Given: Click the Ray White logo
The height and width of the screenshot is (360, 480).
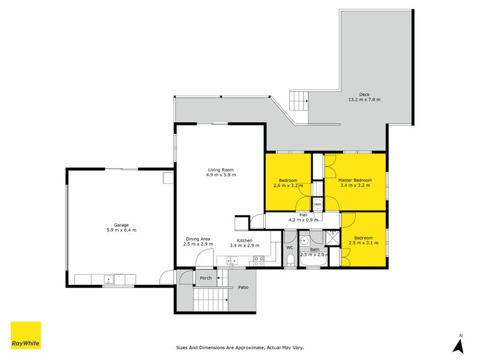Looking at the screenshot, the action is (26, 335).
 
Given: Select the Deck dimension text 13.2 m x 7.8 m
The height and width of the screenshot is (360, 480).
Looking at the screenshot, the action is (364, 100).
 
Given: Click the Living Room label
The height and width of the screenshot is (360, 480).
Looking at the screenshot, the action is (221, 170).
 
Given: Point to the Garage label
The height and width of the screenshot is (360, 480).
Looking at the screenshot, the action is (121, 225).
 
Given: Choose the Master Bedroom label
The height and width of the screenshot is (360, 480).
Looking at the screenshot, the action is (355, 181).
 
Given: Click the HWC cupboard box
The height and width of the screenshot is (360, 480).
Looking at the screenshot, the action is (318, 204).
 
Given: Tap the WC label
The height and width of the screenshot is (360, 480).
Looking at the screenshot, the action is (290, 247).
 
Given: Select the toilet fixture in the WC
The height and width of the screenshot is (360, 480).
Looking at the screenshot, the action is (290, 262).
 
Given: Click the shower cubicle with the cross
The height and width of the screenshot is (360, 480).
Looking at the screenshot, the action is (332, 238).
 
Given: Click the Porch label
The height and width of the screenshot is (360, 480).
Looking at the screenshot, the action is (206, 278).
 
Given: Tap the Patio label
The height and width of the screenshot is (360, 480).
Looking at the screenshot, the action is (244, 287).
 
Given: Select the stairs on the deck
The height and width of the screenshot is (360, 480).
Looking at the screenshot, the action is (299, 100).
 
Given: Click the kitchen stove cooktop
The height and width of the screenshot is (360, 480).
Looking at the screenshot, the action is (259, 261).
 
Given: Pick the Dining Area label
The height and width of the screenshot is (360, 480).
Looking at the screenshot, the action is (198, 239).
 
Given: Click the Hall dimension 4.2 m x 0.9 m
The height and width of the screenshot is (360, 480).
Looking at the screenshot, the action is (304, 220).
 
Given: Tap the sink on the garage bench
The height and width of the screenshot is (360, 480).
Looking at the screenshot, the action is (109, 280).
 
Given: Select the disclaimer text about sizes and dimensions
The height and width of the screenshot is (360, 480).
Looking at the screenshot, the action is (239, 347).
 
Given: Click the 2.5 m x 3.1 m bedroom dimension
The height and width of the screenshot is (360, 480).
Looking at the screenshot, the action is (364, 243).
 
